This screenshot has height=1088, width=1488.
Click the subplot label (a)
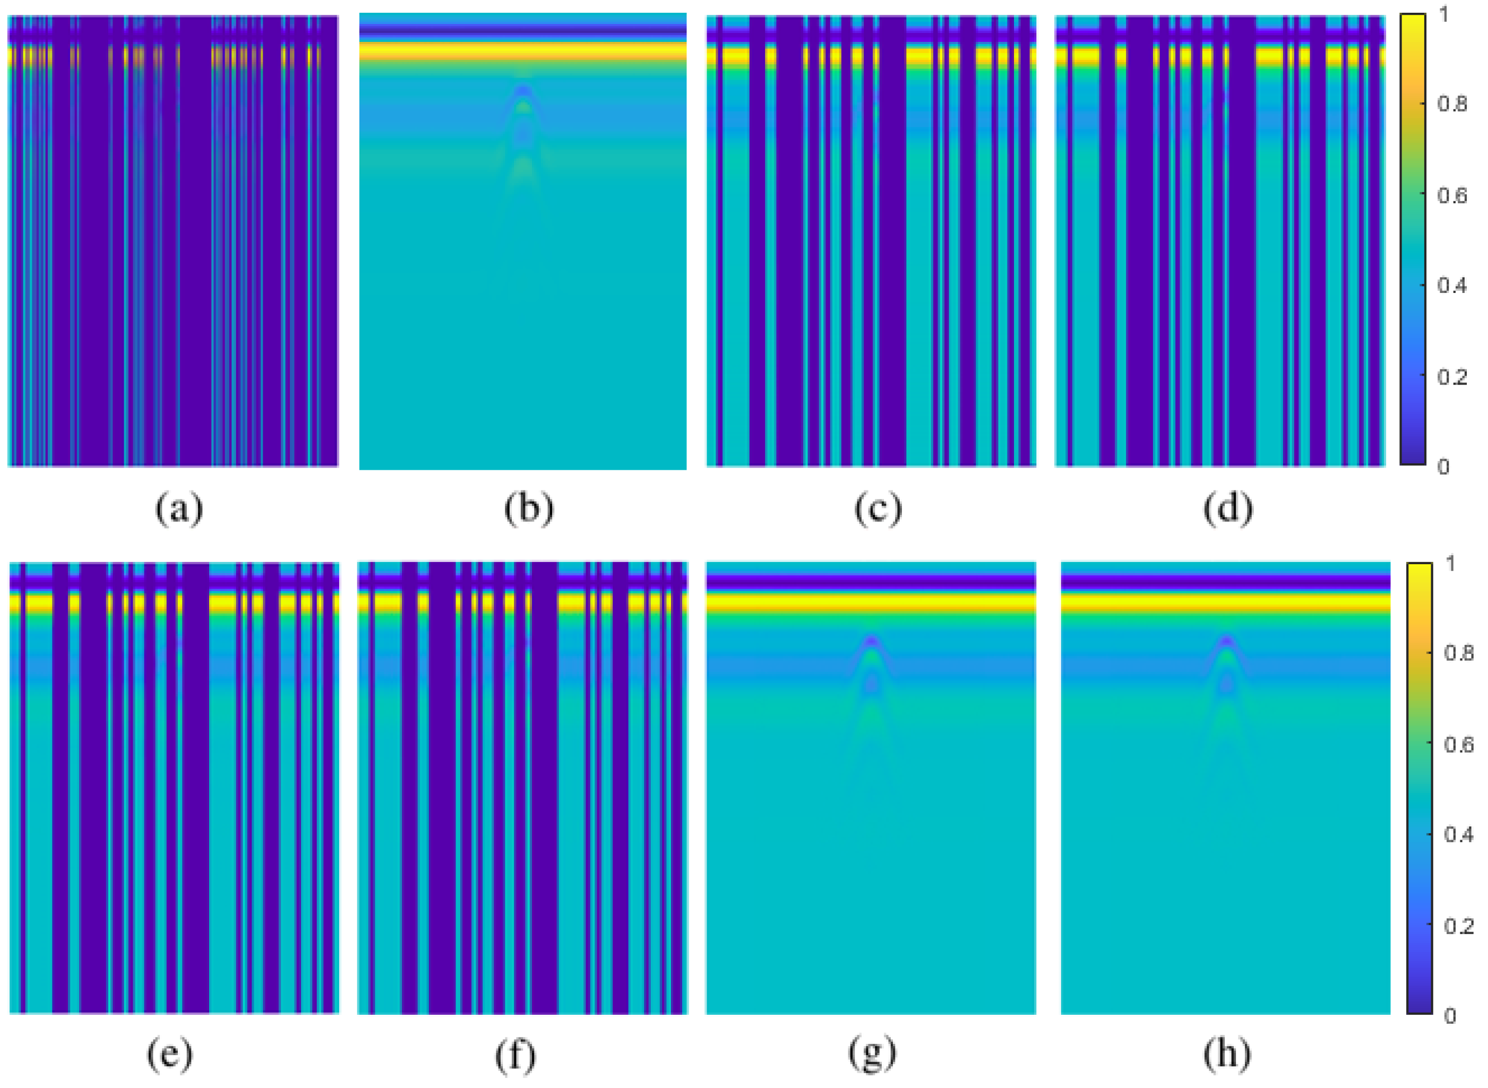(x=178, y=509)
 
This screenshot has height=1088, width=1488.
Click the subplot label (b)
(x=528, y=509)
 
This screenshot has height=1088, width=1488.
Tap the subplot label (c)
(x=878, y=509)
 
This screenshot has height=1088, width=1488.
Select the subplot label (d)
(x=1227, y=509)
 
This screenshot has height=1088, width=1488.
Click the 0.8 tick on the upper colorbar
(x=1452, y=104)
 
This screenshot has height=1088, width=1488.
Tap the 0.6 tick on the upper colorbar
(x=1452, y=195)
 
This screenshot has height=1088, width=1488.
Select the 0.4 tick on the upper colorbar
(x=1452, y=286)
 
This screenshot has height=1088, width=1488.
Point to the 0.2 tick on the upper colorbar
(x=1452, y=377)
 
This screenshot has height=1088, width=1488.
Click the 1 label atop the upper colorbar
(x=1444, y=14)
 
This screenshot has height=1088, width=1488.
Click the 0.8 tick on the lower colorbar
(x=1458, y=653)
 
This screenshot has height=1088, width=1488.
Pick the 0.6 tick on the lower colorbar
(x=1458, y=744)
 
